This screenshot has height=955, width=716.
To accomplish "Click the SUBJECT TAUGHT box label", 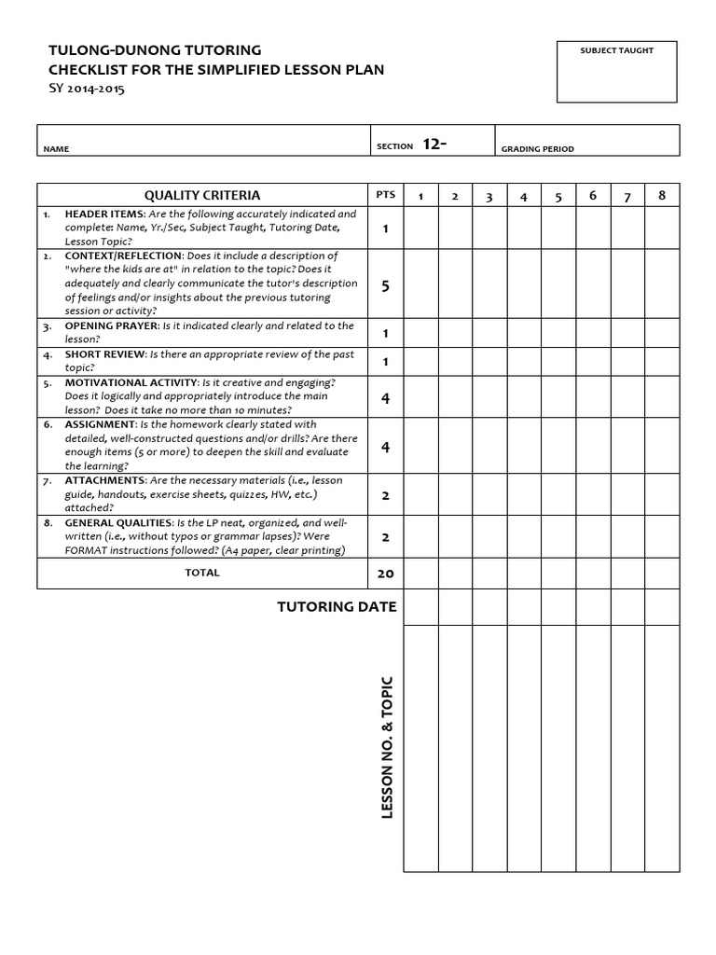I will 616,50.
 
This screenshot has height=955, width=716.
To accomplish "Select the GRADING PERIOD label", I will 538,149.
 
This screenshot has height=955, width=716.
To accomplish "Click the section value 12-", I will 434,144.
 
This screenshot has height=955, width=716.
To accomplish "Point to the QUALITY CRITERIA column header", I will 202,195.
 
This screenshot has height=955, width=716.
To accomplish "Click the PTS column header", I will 385,195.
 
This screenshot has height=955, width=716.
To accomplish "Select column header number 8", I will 662,195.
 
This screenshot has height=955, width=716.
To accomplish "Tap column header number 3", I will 489,197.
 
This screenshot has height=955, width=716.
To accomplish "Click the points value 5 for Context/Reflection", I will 385,286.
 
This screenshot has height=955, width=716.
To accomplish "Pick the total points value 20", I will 385,574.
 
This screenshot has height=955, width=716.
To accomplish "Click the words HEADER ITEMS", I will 102,215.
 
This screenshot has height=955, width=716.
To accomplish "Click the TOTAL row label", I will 202,573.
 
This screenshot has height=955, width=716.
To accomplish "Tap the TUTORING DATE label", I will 337,607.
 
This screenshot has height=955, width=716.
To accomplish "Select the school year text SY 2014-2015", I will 86,90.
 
